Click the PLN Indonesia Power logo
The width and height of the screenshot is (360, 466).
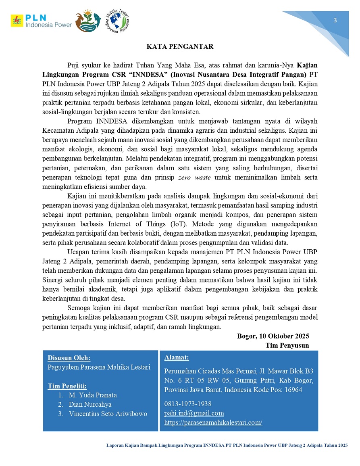click(x=41, y=21)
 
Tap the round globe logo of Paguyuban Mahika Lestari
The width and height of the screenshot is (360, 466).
click(x=117, y=21)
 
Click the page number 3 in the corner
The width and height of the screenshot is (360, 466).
click(x=335, y=21)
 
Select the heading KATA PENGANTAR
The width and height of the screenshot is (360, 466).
click(x=180, y=47)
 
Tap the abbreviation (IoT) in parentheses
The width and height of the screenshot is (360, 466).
click(x=173, y=224)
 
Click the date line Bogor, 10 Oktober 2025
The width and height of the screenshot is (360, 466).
click(x=273, y=336)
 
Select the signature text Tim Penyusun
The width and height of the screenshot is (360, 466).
click(x=287, y=345)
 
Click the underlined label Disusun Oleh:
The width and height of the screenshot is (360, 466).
click(x=69, y=358)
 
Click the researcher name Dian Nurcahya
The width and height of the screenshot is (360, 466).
click(x=90, y=404)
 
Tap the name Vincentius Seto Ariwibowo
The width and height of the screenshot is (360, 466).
click(x=108, y=414)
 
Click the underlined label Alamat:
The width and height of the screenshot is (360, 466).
click(x=177, y=357)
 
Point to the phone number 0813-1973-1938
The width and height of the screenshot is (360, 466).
click(x=188, y=404)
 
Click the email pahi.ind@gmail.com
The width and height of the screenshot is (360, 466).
click(x=194, y=413)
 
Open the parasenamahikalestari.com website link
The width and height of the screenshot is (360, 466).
click(x=213, y=422)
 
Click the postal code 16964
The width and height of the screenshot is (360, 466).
click(x=293, y=390)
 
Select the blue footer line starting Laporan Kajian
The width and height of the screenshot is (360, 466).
click(x=227, y=445)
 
